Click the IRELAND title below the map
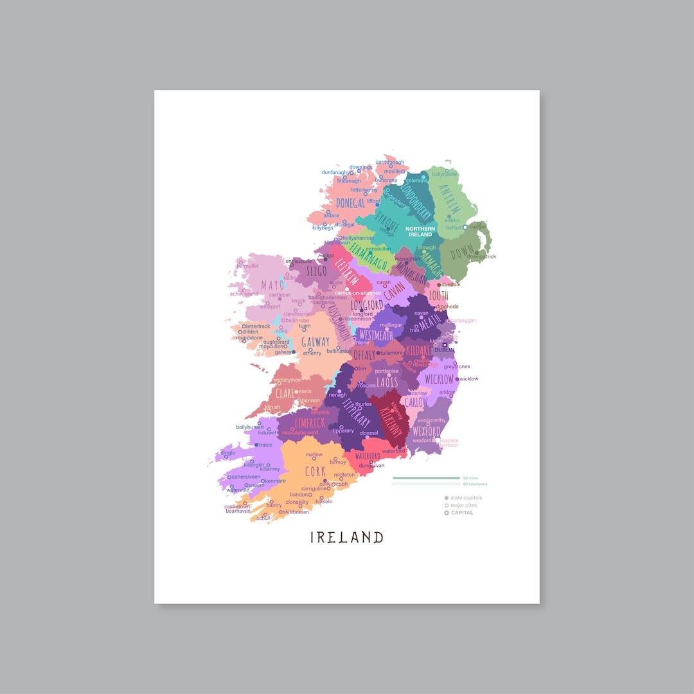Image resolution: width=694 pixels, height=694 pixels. pyautogui.click(x=347, y=537)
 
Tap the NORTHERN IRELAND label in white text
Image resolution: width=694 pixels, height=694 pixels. pyautogui.click(x=420, y=231)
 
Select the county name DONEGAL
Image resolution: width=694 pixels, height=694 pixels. pyautogui.click(x=350, y=203)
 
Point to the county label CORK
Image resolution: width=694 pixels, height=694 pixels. pyautogui.click(x=316, y=472)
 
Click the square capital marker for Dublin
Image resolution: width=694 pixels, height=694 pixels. pyautogui.click(x=444, y=344)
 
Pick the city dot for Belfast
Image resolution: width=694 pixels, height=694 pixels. pyautogui.click(x=465, y=227)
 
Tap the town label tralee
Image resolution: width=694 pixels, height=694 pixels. pyautogui.click(x=265, y=445)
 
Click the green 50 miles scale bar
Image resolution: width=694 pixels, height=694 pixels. pyautogui.click(x=426, y=478)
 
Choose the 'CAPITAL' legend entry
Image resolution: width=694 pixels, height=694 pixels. pyautogui.click(x=462, y=513)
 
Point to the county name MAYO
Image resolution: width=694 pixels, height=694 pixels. pyautogui.click(x=272, y=285)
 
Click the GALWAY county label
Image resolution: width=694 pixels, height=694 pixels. pyautogui.click(x=316, y=342)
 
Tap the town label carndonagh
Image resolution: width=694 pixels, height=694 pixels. pyautogui.click(x=390, y=163)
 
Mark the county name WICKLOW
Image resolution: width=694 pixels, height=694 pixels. pyautogui.click(x=439, y=379)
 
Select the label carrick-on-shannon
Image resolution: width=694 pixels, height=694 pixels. pyautogui.click(x=358, y=293)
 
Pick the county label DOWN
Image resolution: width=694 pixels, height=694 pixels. pyautogui.click(x=462, y=253)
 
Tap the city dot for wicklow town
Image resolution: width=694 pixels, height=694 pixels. pyautogui.click(x=457, y=379)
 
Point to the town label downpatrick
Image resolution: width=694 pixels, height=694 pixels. pyautogui.click(x=482, y=257)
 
